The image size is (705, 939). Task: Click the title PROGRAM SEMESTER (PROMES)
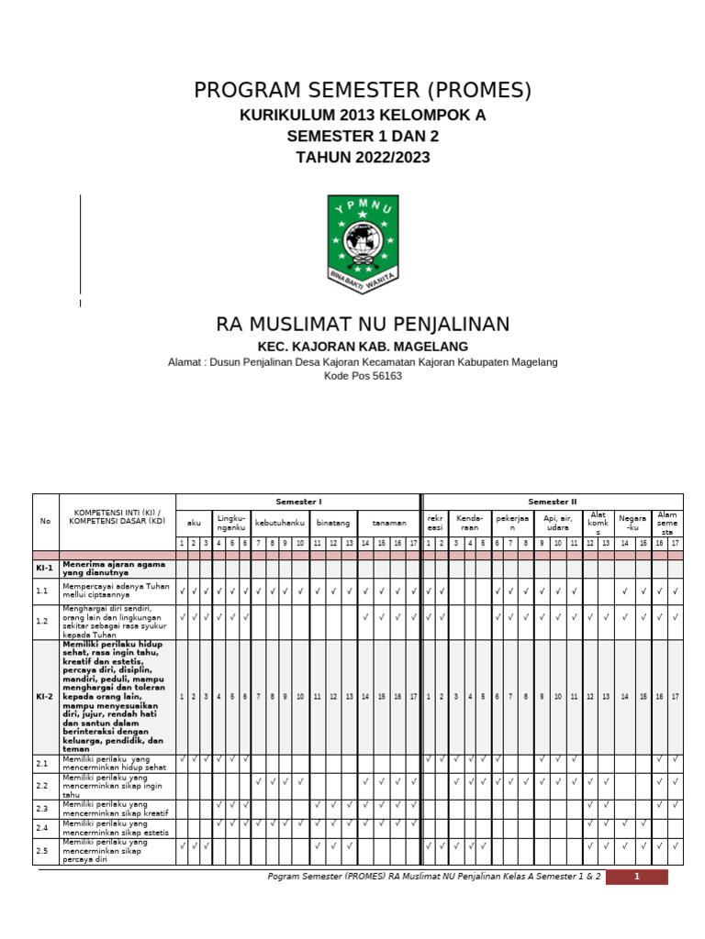point(363,91)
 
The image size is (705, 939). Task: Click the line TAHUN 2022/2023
point(363,157)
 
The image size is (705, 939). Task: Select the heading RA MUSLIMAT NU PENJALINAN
point(363,325)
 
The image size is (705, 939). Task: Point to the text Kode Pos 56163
point(363,376)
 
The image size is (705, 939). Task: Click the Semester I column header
point(298,502)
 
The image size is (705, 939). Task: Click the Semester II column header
point(553,502)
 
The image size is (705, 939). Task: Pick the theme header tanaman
point(389,522)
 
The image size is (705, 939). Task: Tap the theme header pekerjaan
point(514,522)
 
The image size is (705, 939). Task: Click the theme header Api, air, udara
point(558,522)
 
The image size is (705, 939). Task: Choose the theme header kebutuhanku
point(279,522)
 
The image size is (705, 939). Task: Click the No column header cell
point(45,521)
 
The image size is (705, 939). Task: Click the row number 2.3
point(42,808)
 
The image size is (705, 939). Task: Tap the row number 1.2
point(42,622)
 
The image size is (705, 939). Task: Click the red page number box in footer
point(636,877)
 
